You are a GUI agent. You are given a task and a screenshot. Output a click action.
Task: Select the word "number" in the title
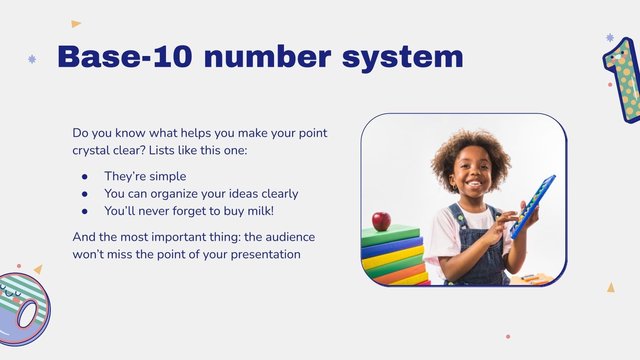click(x=267, y=57)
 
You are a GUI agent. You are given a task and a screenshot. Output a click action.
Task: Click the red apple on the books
click(x=381, y=221)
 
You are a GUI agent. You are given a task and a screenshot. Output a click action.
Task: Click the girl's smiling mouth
click(x=475, y=184)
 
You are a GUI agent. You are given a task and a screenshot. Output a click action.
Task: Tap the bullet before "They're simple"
click(x=84, y=176)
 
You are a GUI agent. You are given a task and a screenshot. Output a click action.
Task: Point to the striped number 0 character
click(x=24, y=308)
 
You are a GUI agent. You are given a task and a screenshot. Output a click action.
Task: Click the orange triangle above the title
click(x=76, y=24)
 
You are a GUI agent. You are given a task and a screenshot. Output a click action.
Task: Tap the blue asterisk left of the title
click(x=32, y=59)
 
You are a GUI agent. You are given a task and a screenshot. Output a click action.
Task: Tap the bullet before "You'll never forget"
click(x=84, y=211)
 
